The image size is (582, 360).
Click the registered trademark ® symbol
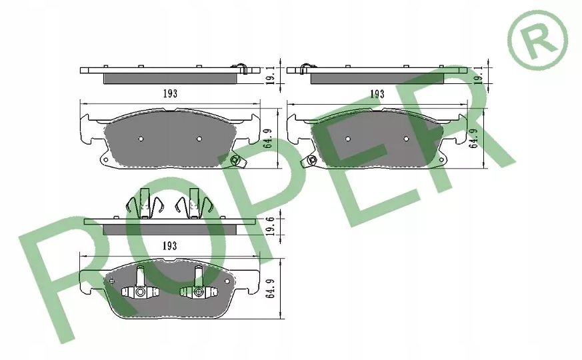[537, 40]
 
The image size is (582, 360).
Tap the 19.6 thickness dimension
[271, 226]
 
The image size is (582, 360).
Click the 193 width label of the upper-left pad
[170, 93]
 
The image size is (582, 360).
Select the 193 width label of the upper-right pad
[377, 94]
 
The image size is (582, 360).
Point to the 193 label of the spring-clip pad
[169, 246]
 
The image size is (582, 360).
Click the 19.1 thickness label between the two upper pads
[271, 76]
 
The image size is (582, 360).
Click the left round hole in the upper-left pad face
[141, 139]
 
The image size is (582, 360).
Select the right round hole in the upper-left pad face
[199, 139]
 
